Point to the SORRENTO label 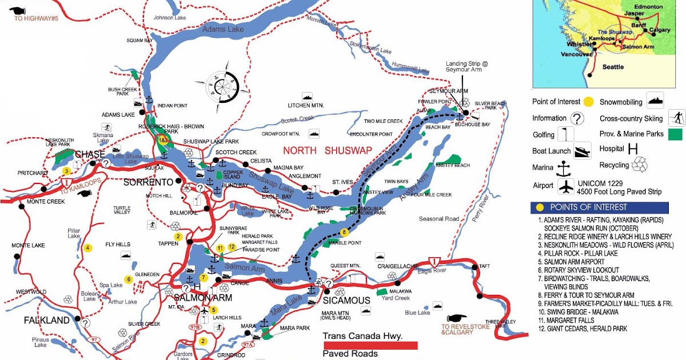pos(149,182)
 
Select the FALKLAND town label pos(46,321)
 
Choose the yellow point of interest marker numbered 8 pos(344,232)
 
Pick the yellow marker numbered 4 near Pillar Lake pos(87,247)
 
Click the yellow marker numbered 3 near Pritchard pos(66,171)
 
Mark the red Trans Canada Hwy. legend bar pos(370,345)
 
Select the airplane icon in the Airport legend pos(567,186)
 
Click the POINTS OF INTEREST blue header pos(600,207)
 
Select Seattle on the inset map pos(613,67)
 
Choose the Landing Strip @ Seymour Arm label pos(464,66)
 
